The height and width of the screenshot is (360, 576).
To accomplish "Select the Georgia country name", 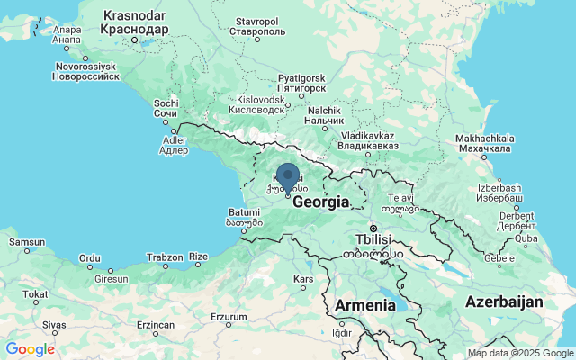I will click(x=320, y=203).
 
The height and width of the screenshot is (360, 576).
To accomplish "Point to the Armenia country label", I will click(x=364, y=305).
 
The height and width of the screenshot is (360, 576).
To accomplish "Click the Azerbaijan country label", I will click(x=504, y=301).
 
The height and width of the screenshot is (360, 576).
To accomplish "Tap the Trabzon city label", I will click(x=166, y=257).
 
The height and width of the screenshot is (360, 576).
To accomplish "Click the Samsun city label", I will click(x=26, y=242).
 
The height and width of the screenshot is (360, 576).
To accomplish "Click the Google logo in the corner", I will click(x=30, y=349).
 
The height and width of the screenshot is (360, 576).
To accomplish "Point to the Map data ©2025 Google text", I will click(x=520, y=353).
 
